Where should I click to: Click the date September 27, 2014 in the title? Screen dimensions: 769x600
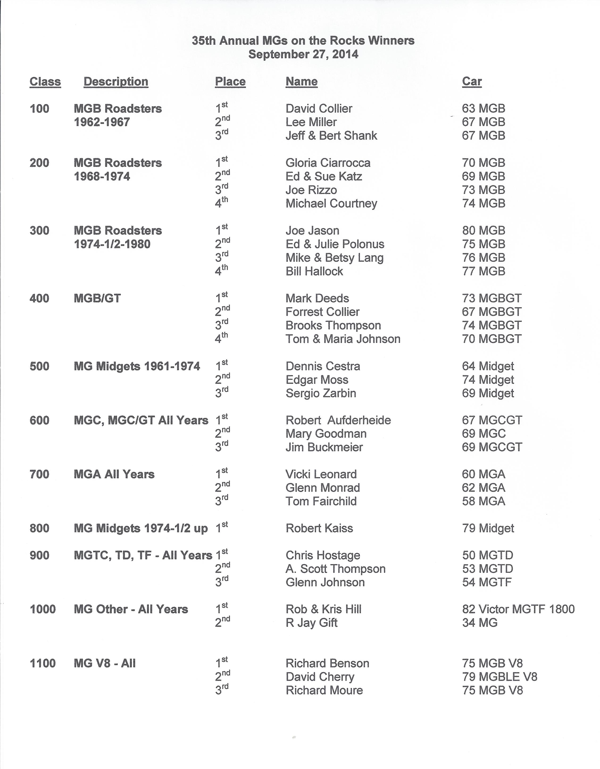(303, 54)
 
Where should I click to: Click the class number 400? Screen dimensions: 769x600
(39, 298)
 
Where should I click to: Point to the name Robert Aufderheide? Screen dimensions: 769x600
(338, 420)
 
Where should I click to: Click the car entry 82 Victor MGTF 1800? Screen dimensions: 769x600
(518, 609)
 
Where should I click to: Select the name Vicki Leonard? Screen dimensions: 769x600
(321, 474)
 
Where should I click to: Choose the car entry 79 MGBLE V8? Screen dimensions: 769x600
(500, 677)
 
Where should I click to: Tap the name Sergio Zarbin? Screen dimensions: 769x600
(321, 393)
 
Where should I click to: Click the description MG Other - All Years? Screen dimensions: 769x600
(131, 609)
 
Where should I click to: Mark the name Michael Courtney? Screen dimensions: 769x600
(331, 204)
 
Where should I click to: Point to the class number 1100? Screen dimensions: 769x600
(43, 663)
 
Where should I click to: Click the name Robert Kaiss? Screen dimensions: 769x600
(319, 528)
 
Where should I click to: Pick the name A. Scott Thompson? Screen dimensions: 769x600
(335, 569)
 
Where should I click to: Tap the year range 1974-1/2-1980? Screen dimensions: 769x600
(112, 244)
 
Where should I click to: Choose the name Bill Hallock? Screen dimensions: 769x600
(314, 271)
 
